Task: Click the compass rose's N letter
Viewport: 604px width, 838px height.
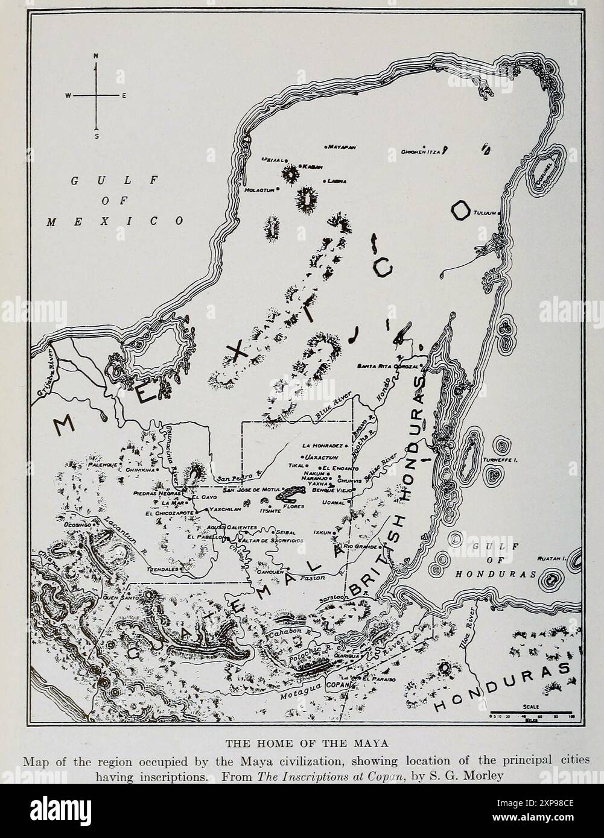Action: [x=95, y=56]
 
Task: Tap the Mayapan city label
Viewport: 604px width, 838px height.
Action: [x=342, y=147]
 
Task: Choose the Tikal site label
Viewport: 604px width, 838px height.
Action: [x=294, y=465]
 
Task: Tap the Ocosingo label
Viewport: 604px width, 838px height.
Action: [x=77, y=525]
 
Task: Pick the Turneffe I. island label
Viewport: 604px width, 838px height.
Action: [x=501, y=460]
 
